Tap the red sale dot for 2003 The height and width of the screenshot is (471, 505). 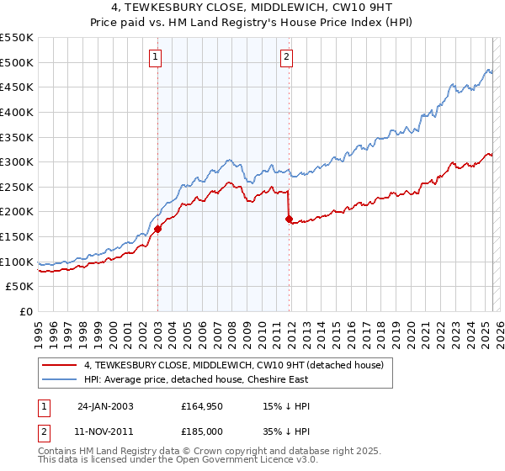[x=157, y=228]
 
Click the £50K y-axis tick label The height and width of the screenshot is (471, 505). [x=20, y=287]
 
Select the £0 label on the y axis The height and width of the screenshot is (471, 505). [x=27, y=312]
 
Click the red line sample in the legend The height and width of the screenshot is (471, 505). [x=60, y=365]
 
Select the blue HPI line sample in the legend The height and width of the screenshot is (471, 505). [x=60, y=379]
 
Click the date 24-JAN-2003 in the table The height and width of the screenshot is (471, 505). [x=105, y=405]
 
